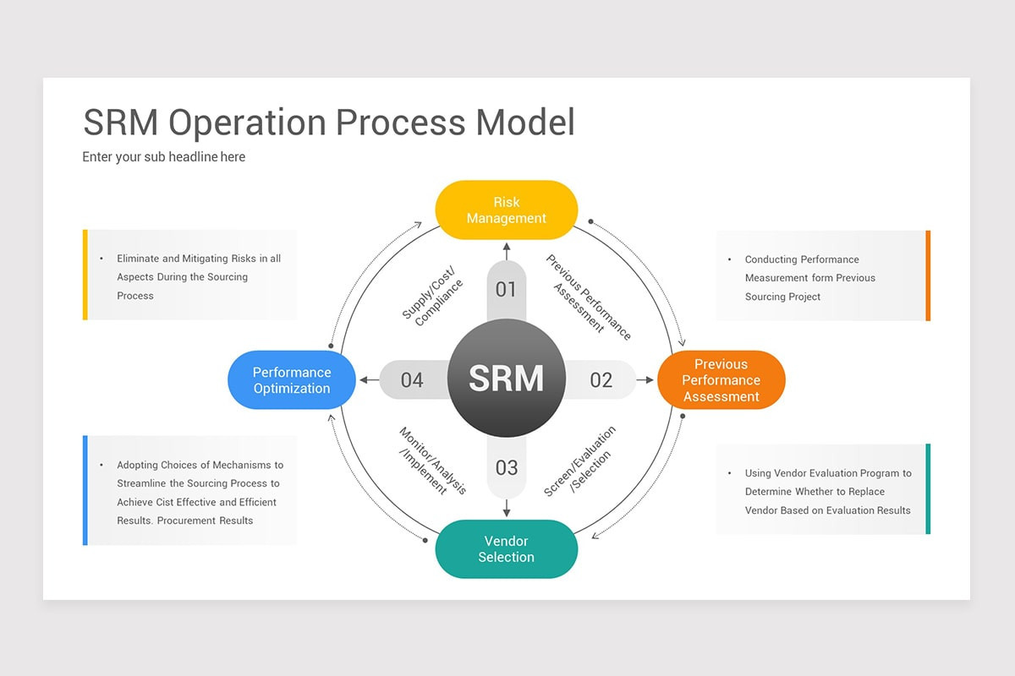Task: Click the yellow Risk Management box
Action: click(506, 210)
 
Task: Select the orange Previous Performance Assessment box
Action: click(721, 380)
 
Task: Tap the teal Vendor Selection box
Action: click(506, 549)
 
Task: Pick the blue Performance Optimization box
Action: click(292, 380)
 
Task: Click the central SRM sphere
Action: click(506, 378)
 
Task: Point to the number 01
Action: click(506, 290)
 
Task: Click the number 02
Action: click(601, 380)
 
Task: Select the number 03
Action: click(506, 467)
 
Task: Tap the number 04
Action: click(412, 380)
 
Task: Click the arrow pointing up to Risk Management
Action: click(506, 250)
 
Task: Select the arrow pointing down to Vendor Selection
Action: click(506, 509)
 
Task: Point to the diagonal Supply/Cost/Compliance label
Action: click(433, 293)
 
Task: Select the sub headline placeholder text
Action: click(163, 156)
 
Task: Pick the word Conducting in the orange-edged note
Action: click(771, 259)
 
